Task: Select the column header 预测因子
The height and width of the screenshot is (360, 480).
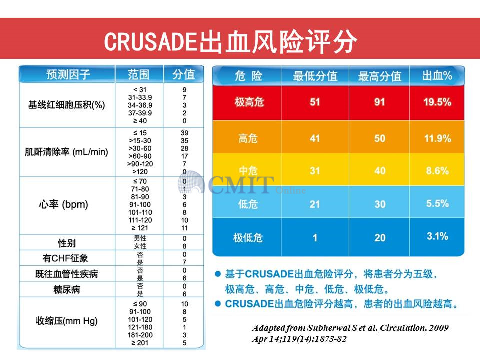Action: (x=68, y=75)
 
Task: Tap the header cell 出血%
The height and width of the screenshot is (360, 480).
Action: (x=437, y=76)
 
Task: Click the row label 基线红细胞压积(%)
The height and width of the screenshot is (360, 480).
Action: (x=66, y=105)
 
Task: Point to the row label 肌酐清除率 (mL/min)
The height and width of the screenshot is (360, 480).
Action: (x=66, y=152)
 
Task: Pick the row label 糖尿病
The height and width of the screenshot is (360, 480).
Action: (x=66, y=290)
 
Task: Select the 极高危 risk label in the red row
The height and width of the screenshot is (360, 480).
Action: (x=249, y=102)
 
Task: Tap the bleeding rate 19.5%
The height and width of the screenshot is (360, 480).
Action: (x=437, y=102)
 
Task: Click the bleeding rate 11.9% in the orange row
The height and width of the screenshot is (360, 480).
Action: (x=437, y=138)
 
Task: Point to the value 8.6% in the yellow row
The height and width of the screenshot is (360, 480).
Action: (x=437, y=171)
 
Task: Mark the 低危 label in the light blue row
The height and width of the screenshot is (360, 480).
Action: (x=248, y=204)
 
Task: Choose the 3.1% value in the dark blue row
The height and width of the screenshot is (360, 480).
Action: (x=437, y=236)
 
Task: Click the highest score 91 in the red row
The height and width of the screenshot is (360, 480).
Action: (x=380, y=102)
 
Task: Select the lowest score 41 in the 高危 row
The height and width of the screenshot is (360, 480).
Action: (x=315, y=138)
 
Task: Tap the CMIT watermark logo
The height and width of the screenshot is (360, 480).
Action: (x=235, y=186)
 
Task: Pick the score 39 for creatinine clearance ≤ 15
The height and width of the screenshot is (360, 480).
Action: (x=185, y=133)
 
